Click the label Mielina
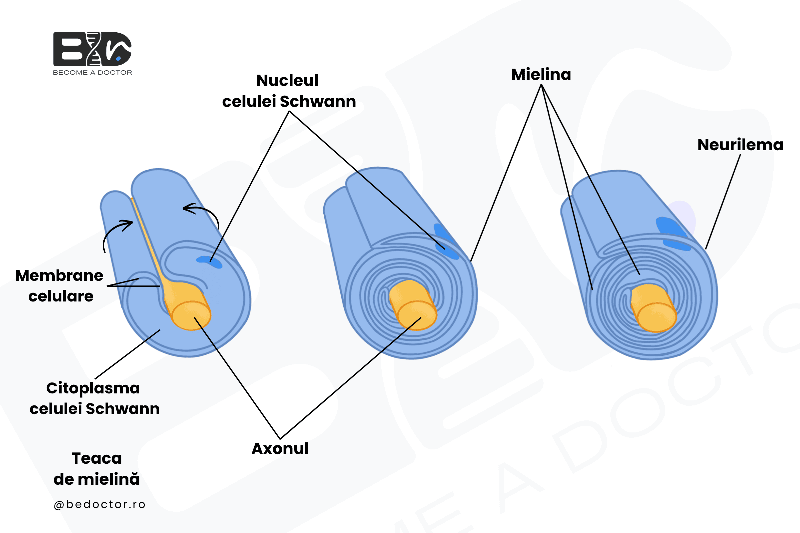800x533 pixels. point(541,74)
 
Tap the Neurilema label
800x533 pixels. point(740,145)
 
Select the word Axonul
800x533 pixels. point(280,448)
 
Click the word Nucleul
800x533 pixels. point(287,81)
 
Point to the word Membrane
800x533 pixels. point(59,275)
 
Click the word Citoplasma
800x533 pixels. point(93,388)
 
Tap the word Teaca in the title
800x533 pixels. point(97,458)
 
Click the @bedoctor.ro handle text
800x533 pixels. point(100,504)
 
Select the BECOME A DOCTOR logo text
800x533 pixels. point(92,72)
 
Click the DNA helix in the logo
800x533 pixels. point(94,49)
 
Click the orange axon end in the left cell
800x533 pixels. point(191,315)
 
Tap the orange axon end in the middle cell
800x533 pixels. point(417,315)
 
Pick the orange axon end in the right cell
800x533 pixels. point(657,317)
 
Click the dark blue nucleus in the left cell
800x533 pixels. point(210,262)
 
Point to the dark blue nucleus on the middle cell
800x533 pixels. point(446,241)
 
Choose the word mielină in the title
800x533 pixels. point(109,479)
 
